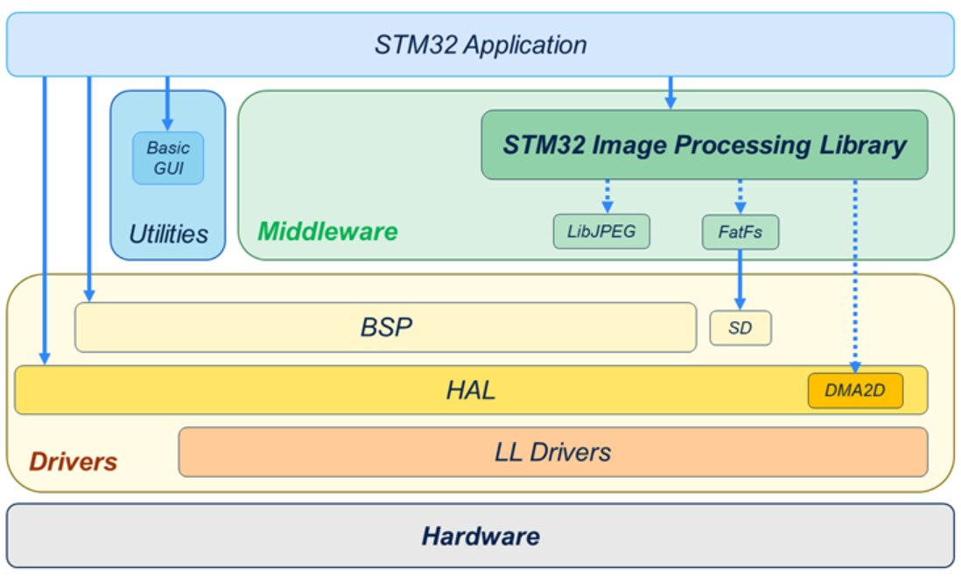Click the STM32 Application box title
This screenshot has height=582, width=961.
pyautogui.click(x=480, y=45)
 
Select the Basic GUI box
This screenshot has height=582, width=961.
pyautogui.click(x=167, y=158)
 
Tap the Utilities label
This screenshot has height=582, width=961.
pyautogui.click(x=168, y=234)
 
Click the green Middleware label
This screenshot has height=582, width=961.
pyautogui.click(x=327, y=232)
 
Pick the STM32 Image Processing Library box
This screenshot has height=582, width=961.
pyautogui.click(x=704, y=144)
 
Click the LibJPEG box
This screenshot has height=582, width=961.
pyautogui.click(x=601, y=232)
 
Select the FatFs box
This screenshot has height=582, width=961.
pyautogui.click(x=740, y=232)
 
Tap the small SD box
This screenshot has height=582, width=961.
pyautogui.click(x=740, y=328)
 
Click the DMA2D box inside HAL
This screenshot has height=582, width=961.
pyautogui.click(x=854, y=390)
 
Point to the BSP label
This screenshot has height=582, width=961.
pyautogui.click(x=385, y=327)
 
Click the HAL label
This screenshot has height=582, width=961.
pyautogui.click(x=470, y=389)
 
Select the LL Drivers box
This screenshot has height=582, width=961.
pyautogui.click(x=552, y=452)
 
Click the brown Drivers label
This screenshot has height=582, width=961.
pyautogui.click(x=74, y=461)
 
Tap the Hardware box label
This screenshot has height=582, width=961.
pyautogui.click(x=480, y=535)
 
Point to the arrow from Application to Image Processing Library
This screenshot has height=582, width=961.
pyautogui.click(x=670, y=92)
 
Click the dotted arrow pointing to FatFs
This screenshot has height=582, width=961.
pyautogui.click(x=740, y=196)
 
